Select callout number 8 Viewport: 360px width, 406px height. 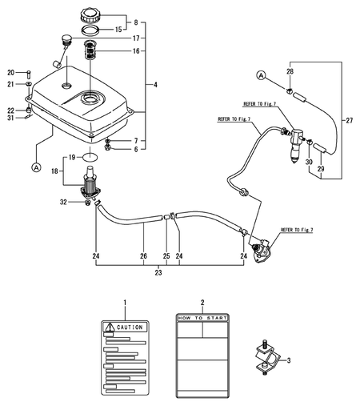pyautogui.click(x=135, y=22)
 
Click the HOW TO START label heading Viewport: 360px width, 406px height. pyautogui.click(x=202, y=318)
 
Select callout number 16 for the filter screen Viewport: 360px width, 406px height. pyautogui.click(x=135, y=50)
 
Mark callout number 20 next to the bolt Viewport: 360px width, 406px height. pyautogui.click(x=12, y=71)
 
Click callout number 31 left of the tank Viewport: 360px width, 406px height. pyautogui.click(x=12, y=119)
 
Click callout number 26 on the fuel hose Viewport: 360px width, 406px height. pyautogui.click(x=144, y=257)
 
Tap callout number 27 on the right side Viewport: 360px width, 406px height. pyautogui.click(x=349, y=121)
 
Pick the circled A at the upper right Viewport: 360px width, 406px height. pyautogui.click(x=261, y=74)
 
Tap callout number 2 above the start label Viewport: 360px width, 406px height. pyautogui.click(x=202, y=303)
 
